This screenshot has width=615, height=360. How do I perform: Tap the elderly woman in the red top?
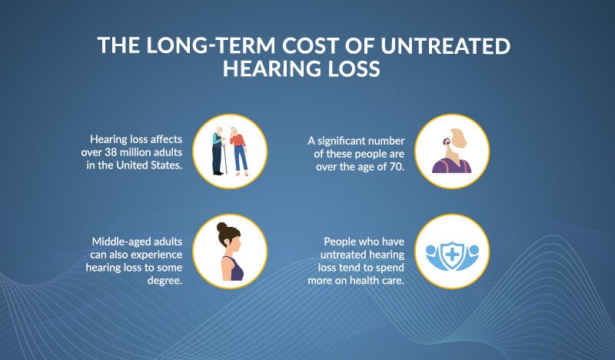(x=241, y=151)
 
